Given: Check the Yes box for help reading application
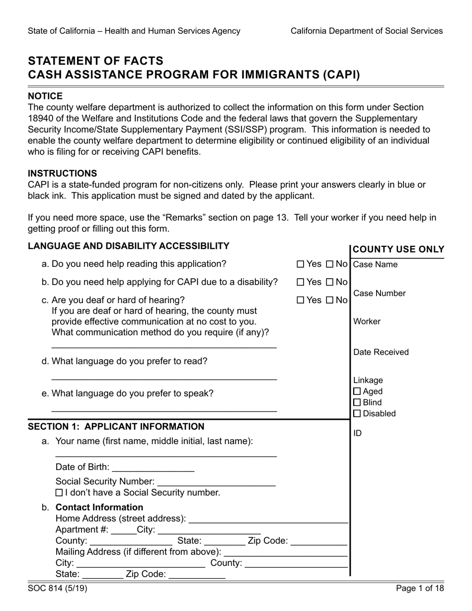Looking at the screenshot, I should point(301,264).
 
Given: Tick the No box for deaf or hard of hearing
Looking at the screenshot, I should point(330,300).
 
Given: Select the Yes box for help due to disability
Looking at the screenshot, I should point(301,282).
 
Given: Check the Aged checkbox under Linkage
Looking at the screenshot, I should point(357,391).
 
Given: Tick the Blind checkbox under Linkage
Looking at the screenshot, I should point(357,402).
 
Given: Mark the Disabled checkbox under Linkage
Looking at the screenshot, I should point(357,413).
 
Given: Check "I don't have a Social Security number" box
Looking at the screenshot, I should point(59,493).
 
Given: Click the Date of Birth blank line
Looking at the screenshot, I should point(154,469).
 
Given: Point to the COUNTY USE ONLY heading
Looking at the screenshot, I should point(398,250).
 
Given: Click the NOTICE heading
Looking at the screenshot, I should point(45,96).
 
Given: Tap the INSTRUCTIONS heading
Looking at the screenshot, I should point(62,173).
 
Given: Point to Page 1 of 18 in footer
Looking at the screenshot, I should point(420,589).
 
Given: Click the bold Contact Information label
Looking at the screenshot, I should point(99,507).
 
